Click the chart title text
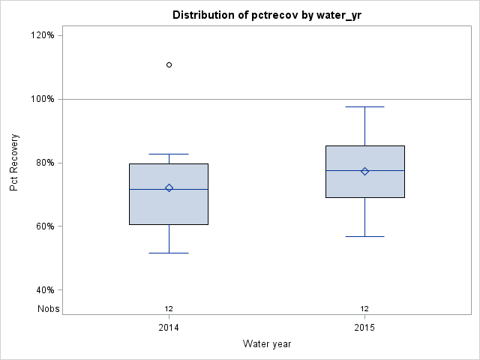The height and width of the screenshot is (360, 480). (x=266, y=15)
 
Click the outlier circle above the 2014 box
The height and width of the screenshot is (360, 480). (x=169, y=65)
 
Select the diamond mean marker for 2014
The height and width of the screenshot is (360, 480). (x=169, y=187)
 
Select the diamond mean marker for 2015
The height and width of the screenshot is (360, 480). (x=365, y=171)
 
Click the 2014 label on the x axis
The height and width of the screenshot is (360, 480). (x=169, y=328)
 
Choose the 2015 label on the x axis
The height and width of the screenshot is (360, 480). (x=365, y=328)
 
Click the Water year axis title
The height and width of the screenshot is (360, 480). (x=267, y=344)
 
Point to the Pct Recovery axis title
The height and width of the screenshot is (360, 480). (x=14, y=163)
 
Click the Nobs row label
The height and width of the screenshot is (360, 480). (x=49, y=308)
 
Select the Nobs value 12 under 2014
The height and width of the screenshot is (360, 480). (x=169, y=308)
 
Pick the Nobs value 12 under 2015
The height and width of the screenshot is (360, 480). (x=365, y=308)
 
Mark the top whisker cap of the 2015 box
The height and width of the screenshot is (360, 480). (x=365, y=107)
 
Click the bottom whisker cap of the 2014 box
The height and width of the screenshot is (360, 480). (x=169, y=253)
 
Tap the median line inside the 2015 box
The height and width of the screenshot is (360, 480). (x=365, y=171)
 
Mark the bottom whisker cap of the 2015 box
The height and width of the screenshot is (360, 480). (x=365, y=236)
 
